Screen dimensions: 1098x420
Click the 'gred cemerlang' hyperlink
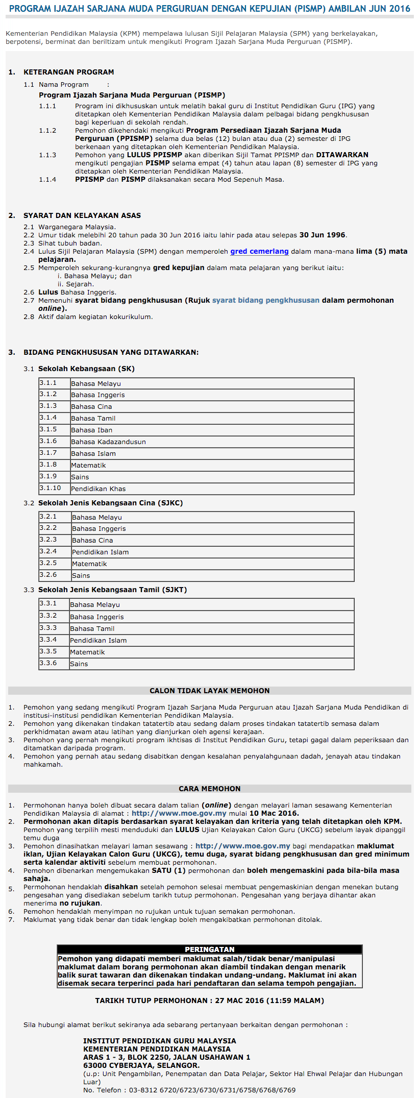[x=259, y=252]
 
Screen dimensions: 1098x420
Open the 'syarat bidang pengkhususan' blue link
[x=265, y=301]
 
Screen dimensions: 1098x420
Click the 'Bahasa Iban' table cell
[x=91, y=430]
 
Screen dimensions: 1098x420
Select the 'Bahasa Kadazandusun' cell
[x=108, y=442]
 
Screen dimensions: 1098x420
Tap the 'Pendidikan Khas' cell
[x=98, y=489]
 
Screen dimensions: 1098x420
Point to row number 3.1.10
[x=50, y=489]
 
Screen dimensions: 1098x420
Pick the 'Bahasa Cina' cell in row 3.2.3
[x=92, y=541]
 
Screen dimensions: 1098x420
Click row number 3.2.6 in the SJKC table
[x=48, y=575]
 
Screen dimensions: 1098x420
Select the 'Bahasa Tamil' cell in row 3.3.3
[x=92, y=629]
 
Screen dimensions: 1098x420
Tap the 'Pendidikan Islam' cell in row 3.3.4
[x=98, y=641]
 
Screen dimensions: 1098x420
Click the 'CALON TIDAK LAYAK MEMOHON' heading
[x=209, y=691]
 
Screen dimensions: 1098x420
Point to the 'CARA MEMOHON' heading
[x=209, y=789]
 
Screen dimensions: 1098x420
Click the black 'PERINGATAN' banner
[x=209, y=949]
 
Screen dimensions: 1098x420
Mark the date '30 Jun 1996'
[x=322, y=235]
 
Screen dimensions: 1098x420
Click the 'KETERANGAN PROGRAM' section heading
[x=68, y=72]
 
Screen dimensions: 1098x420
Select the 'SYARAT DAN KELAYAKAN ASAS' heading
[x=82, y=216]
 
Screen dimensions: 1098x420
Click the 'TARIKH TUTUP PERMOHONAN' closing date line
[x=209, y=1001]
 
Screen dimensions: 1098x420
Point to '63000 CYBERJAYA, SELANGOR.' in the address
[x=141, y=1065]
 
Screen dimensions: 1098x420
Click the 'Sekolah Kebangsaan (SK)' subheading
[x=86, y=369]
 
